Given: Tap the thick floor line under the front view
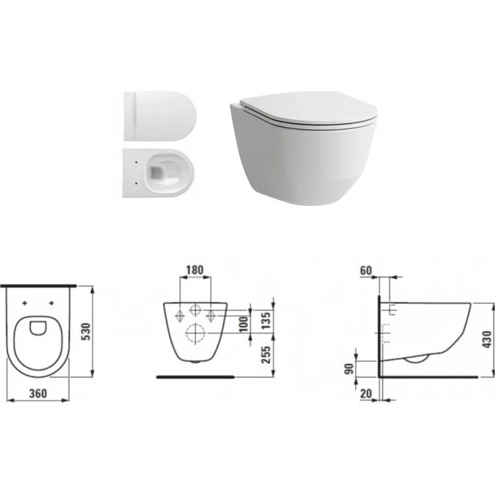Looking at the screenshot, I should tap(197, 378).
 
